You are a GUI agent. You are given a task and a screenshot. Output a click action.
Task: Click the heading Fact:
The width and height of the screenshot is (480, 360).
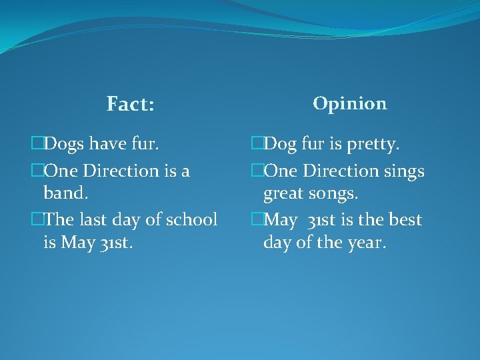pos(130,105)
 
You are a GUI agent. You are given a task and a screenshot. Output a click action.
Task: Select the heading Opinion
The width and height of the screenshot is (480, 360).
pos(349,103)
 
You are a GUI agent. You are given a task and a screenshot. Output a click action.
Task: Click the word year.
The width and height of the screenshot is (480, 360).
pos(365,243)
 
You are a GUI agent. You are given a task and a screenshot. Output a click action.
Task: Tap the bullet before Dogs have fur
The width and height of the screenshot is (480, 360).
pos(37,143)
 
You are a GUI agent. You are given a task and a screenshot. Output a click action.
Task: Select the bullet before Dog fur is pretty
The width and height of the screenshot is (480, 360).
pos(257,143)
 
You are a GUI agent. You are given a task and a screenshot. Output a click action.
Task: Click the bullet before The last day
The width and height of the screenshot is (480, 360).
pos(37,219)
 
